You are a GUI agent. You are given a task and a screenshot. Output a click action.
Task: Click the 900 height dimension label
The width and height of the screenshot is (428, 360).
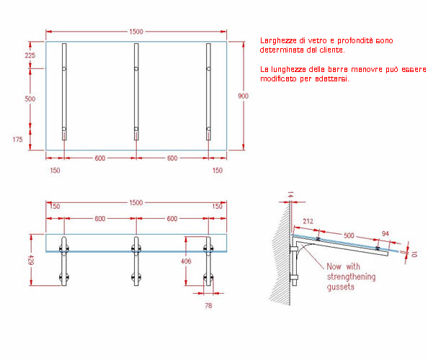243,96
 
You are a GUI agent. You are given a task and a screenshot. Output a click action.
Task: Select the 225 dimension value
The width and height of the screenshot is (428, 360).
30,55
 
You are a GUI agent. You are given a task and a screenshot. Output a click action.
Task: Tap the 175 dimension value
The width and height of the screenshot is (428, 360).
18,140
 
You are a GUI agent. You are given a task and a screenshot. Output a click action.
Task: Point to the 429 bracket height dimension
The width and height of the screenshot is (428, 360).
31,260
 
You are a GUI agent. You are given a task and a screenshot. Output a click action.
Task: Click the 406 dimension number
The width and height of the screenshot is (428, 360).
186,261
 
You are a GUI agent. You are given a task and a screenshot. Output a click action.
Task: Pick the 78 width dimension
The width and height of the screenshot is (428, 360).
208,306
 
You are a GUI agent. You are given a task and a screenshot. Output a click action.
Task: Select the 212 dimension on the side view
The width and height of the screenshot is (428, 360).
308,221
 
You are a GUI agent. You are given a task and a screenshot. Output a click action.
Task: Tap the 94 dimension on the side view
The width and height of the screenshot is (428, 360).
385,234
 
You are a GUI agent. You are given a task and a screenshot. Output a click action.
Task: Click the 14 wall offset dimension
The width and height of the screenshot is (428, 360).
290,194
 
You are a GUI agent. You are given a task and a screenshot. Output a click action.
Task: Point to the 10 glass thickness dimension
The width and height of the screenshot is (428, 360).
414,254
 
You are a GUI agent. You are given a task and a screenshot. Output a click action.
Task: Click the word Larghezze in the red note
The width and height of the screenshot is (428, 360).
278,40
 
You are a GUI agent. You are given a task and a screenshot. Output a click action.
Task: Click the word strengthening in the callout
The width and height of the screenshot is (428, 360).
352,276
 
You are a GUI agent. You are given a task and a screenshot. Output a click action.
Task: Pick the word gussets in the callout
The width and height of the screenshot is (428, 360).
341,287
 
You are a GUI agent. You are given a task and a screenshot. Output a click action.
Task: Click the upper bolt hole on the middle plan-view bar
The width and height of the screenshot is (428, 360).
136,68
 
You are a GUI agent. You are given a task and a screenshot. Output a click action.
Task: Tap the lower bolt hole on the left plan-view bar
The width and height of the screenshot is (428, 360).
64,129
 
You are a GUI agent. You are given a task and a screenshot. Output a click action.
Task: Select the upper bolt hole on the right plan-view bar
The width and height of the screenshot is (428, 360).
208,68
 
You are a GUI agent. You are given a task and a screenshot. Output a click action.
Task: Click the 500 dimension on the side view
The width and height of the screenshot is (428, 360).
349,235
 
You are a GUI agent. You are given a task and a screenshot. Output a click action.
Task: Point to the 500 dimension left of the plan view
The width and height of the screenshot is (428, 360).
30,99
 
